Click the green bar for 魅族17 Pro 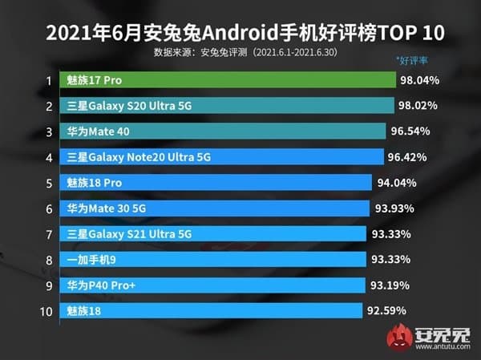tap(228, 80)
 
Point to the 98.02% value tap(422, 106)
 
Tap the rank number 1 tap(48, 80)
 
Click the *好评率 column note tap(414, 60)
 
